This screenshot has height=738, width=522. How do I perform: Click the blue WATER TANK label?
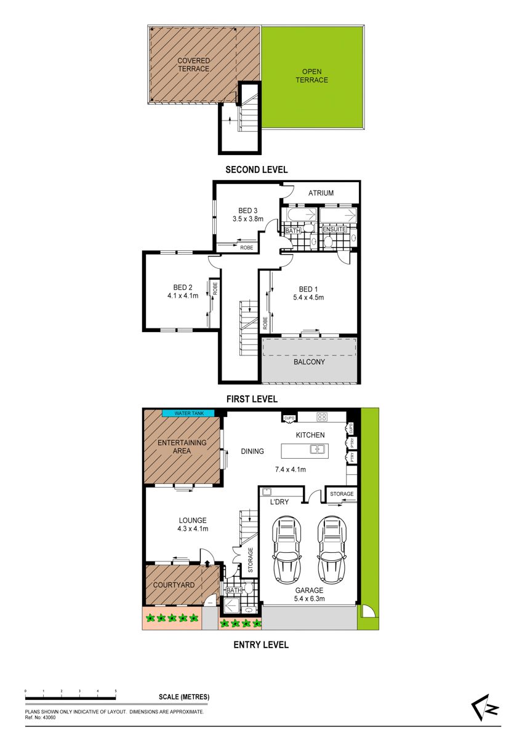[x=188, y=413]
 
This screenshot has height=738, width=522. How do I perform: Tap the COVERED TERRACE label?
[x=193, y=65]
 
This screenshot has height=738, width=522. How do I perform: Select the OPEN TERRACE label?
[x=311, y=76]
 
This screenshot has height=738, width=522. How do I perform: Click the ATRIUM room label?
[x=321, y=193]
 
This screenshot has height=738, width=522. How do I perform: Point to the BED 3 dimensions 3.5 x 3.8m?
[x=247, y=219]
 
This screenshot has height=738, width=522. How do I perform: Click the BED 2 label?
[x=183, y=287]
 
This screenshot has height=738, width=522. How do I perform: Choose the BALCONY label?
[x=309, y=362]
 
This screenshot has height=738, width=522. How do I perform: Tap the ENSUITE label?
[x=334, y=229]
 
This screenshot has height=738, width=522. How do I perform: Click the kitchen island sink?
[x=318, y=449]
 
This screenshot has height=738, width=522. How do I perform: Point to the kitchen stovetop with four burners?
[x=322, y=417]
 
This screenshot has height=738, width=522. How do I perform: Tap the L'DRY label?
[x=279, y=502]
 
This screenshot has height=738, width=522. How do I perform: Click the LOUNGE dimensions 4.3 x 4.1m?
[x=193, y=529]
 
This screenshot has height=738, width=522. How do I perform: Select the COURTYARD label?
[x=174, y=585]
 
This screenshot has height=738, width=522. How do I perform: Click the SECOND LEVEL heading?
[x=257, y=170]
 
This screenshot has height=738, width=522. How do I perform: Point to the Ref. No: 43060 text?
[x=40, y=718]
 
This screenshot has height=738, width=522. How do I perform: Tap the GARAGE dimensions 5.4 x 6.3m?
[x=309, y=598]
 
